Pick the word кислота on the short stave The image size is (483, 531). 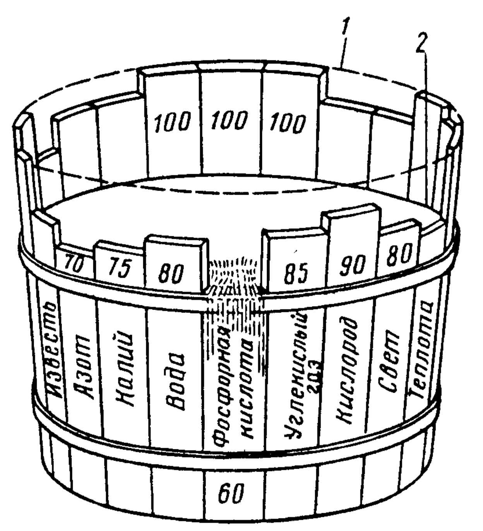tap(248, 387)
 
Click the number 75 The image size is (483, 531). tap(117, 269)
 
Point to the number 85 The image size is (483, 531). tap(296, 274)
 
